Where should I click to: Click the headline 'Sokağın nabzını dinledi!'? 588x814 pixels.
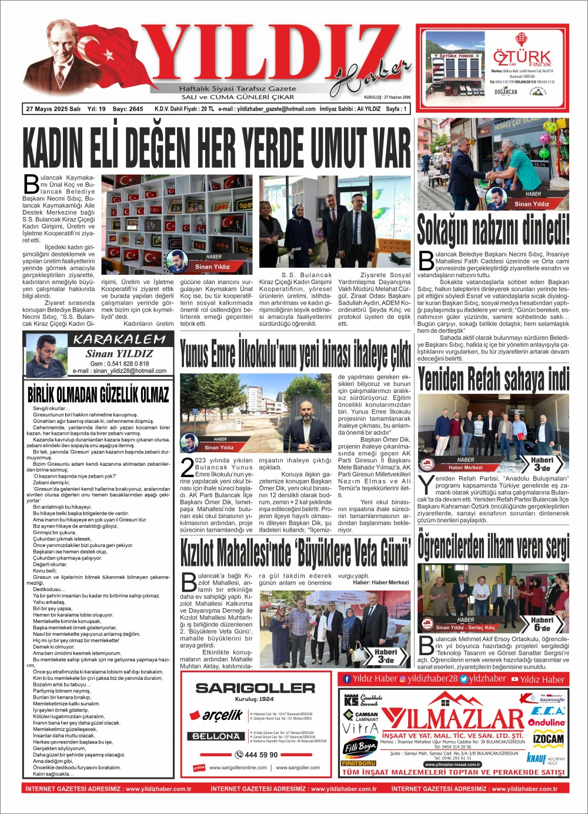click(493, 229)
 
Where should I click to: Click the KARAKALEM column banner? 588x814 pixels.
click(119, 339)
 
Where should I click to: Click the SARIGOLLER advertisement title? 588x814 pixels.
click(255, 688)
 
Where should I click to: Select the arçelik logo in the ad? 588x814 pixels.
click(215, 715)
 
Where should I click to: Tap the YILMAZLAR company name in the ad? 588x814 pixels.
click(453, 719)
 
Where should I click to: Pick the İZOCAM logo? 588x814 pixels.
click(548, 739)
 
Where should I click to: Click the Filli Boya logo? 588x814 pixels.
click(359, 747)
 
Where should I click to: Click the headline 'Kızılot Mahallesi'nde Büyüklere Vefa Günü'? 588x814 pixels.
click(295, 552)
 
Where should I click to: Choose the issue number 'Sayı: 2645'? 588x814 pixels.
click(128, 109)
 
